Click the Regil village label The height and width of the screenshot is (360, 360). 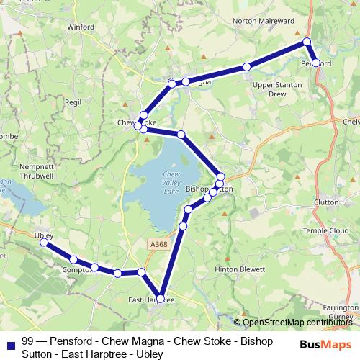[73, 103]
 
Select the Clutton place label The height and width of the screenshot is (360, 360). [327, 203]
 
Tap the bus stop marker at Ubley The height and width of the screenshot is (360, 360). [43, 243]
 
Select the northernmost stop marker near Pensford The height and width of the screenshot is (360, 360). [307, 42]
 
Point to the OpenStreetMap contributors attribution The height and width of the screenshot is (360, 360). [296, 323]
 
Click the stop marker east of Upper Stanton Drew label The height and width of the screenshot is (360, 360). [247, 67]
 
